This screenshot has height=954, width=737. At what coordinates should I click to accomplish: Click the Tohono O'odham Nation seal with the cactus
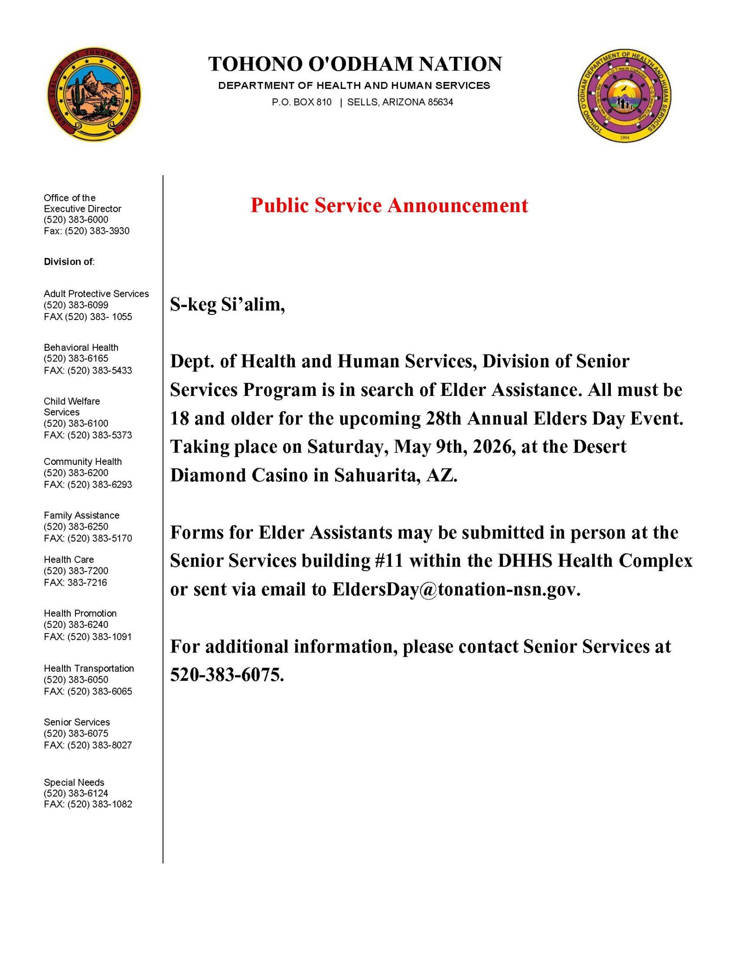(x=95, y=95)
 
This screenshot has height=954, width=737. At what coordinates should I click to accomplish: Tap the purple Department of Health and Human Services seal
(x=624, y=95)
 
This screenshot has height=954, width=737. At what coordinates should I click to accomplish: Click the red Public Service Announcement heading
(x=389, y=205)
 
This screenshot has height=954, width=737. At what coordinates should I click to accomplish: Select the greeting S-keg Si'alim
(x=227, y=305)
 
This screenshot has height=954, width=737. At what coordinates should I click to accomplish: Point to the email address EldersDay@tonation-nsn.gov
(x=456, y=589)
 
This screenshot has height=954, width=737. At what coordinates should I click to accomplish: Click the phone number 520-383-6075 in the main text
(x=226, y=675)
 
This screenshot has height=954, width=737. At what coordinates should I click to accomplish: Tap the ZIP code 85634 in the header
(x=440, y=102)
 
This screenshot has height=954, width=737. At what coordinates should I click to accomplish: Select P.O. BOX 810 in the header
(x=302, y=102)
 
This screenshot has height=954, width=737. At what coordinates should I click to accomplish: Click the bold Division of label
(x=69, y=262)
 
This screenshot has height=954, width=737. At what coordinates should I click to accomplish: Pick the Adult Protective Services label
(x=96, y=293)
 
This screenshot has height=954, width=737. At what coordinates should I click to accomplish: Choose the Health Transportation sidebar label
(x=89, y=668)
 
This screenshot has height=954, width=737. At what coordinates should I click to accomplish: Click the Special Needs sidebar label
(x=74, y=782)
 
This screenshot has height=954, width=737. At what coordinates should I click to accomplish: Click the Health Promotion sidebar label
(x=80, y=613)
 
